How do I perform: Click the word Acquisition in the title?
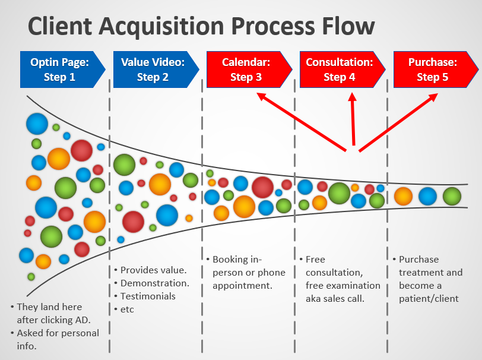tap(162, 27)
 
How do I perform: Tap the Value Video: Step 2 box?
tap(156, 70)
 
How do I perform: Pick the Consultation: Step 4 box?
tap(343, 70)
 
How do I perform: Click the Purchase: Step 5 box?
tap(436, 70)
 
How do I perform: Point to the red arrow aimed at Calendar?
tap(302, 122)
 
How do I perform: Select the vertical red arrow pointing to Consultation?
tap(353, 119)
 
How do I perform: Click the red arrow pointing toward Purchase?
tap(398, 122)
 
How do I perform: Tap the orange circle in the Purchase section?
tap(403, 196)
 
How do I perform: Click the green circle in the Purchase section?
tap(452, 196)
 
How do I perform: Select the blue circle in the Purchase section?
tap(427, 196)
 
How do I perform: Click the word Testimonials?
tap(148, 296)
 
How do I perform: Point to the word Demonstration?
tap(154, 283)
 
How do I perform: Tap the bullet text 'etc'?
tap(127, 310)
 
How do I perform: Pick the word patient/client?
tap(429, 298)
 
